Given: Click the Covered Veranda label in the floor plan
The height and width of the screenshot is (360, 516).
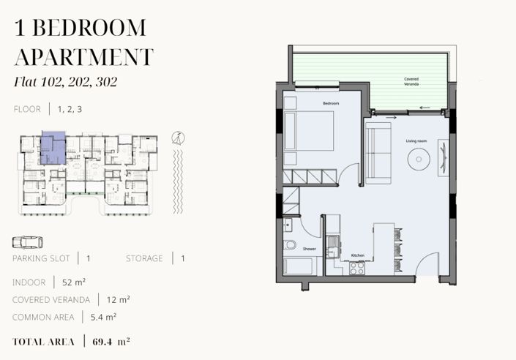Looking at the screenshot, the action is [411, 81].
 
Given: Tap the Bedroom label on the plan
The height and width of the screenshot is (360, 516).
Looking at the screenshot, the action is [331, 103].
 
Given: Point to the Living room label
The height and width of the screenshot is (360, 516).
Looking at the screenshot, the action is [416, 140].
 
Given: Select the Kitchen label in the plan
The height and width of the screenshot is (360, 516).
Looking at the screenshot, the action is [358, 255].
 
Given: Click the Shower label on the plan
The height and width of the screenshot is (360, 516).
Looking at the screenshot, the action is [310, 249].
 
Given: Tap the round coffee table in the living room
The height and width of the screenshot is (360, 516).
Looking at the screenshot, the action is [419, 160].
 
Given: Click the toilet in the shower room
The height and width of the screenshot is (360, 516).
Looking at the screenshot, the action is [290, 245].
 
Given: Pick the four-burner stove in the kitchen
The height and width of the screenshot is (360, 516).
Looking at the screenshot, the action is [357, 268].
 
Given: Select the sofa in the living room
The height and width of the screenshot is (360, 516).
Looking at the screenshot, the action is [378, 153].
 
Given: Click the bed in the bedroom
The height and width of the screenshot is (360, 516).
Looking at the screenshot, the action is [309, 131].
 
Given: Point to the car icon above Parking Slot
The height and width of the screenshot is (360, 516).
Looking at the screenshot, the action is [28, 242].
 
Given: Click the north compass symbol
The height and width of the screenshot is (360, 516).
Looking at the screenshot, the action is [179, 138].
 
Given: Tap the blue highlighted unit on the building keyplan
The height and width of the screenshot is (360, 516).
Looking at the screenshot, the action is [53, 148].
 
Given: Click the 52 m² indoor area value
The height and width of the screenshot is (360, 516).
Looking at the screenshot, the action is [74, 282].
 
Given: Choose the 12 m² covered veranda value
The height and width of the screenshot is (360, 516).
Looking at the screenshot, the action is [118, 300].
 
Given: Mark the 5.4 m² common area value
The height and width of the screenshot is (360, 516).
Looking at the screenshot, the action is [103, 318].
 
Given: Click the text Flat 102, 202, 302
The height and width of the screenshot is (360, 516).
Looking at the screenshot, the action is [65, 82].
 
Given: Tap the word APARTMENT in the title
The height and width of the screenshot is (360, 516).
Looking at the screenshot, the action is [84, 57].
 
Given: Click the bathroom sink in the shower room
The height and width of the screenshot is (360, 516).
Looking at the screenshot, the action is [288, 225].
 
